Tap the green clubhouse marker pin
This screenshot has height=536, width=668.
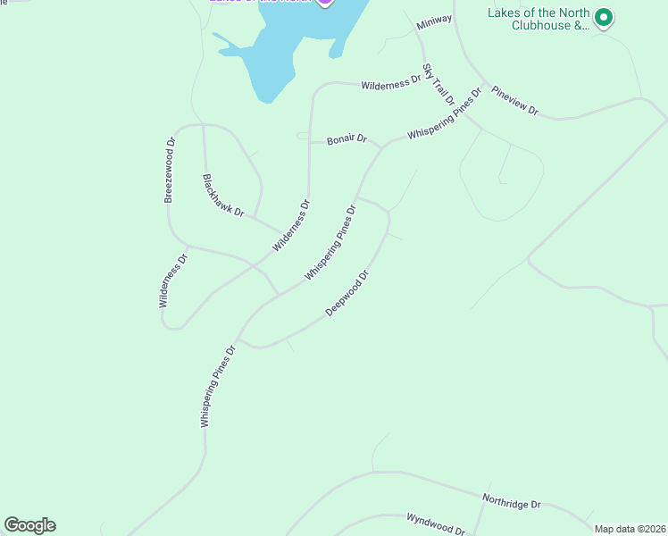click(604, 18)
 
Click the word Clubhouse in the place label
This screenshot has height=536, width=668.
click(540, 26)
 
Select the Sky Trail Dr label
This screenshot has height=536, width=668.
click(438, 84)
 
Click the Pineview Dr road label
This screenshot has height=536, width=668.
click(515, 100)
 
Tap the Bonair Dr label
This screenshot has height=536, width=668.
click(347, 139)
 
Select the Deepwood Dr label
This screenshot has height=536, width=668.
click(347, 293)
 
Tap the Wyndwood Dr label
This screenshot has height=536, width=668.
click(436, 523)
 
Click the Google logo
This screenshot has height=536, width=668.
click(29, 525)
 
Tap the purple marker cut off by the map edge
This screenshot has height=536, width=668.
click(325, 3)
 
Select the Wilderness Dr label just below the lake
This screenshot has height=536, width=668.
click(390, 83)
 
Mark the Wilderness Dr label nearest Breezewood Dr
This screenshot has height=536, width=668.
click(174, 281)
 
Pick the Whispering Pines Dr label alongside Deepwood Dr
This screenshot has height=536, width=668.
click(330, 243)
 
